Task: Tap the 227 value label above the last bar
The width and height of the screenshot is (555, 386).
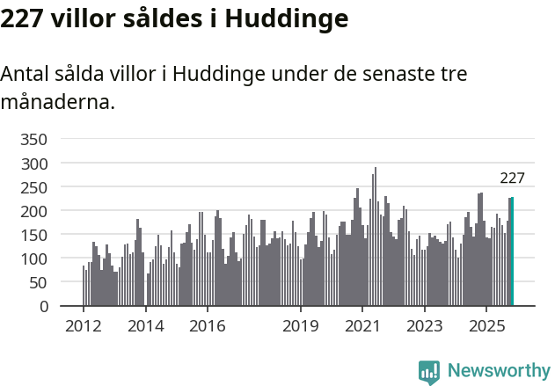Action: coord(512,178)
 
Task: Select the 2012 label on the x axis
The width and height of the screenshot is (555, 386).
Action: coord(84,325)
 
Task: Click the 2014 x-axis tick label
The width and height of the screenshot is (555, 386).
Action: coord(145,325)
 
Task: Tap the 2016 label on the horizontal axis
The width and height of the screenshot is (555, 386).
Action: coord(207,325)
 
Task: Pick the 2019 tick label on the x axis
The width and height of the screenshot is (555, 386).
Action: coord(301,325)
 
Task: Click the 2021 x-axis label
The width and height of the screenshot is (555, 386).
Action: coord(362,325)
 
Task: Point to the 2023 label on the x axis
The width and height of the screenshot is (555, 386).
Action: coord(424,325)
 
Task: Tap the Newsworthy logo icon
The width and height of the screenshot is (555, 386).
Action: coord(429,372)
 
